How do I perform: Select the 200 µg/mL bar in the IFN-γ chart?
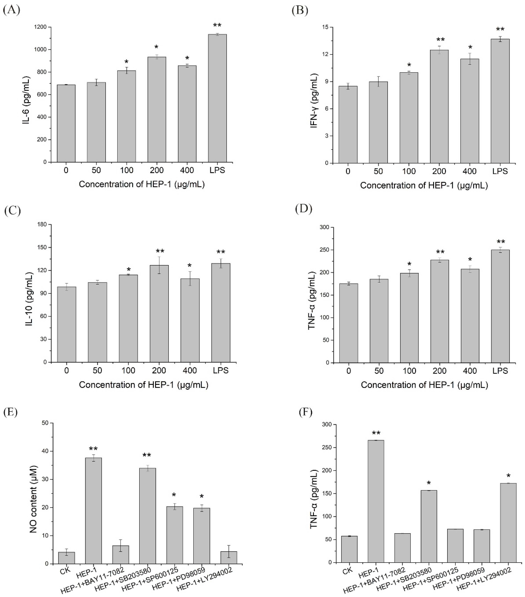click(x=439, y=107)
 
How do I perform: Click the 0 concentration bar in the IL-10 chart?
click(x=67, y=324)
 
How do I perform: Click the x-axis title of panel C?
click(x=143, y=385)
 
